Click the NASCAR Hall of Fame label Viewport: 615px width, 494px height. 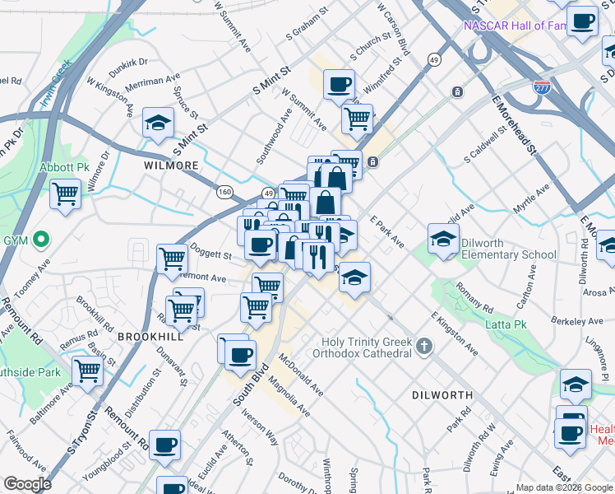[515, 26]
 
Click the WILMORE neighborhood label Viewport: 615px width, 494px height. [172, 165]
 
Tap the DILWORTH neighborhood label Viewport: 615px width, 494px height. [442, 395]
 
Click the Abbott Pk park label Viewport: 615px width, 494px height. [64, 167]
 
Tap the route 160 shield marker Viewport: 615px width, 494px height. [224, 192]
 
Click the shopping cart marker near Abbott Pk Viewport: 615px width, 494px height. [65, 195]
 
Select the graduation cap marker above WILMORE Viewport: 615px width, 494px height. [158, 123]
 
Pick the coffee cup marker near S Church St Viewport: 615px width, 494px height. [339, 84]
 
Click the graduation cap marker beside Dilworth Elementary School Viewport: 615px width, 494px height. [443, 239]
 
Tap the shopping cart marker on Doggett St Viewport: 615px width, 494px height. [172, 259]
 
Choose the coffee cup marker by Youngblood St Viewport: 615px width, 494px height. [164, 445]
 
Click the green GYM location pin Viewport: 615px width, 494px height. [38, 241]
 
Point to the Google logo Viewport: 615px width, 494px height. [28, 483]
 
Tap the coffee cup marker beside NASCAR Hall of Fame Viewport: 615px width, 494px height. [582, 21]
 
